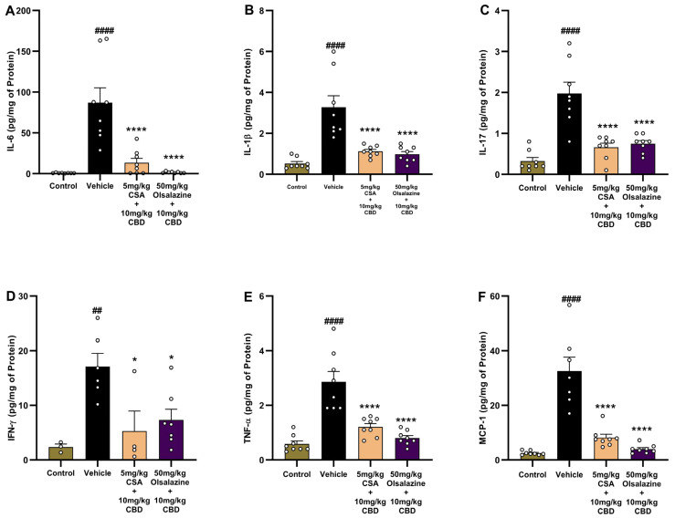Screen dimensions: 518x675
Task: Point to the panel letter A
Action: click(7, 10)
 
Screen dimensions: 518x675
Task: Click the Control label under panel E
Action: click(299, 473)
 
